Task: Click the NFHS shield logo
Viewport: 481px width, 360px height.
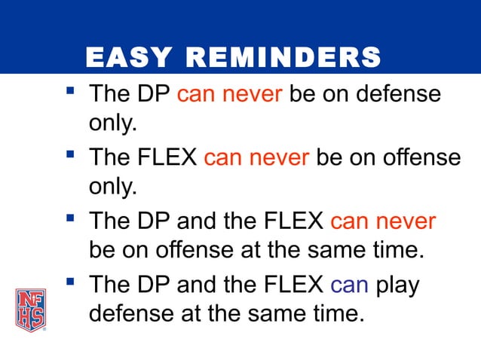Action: pos(30,310)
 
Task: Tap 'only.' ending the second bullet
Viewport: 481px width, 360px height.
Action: pos(113,187)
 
